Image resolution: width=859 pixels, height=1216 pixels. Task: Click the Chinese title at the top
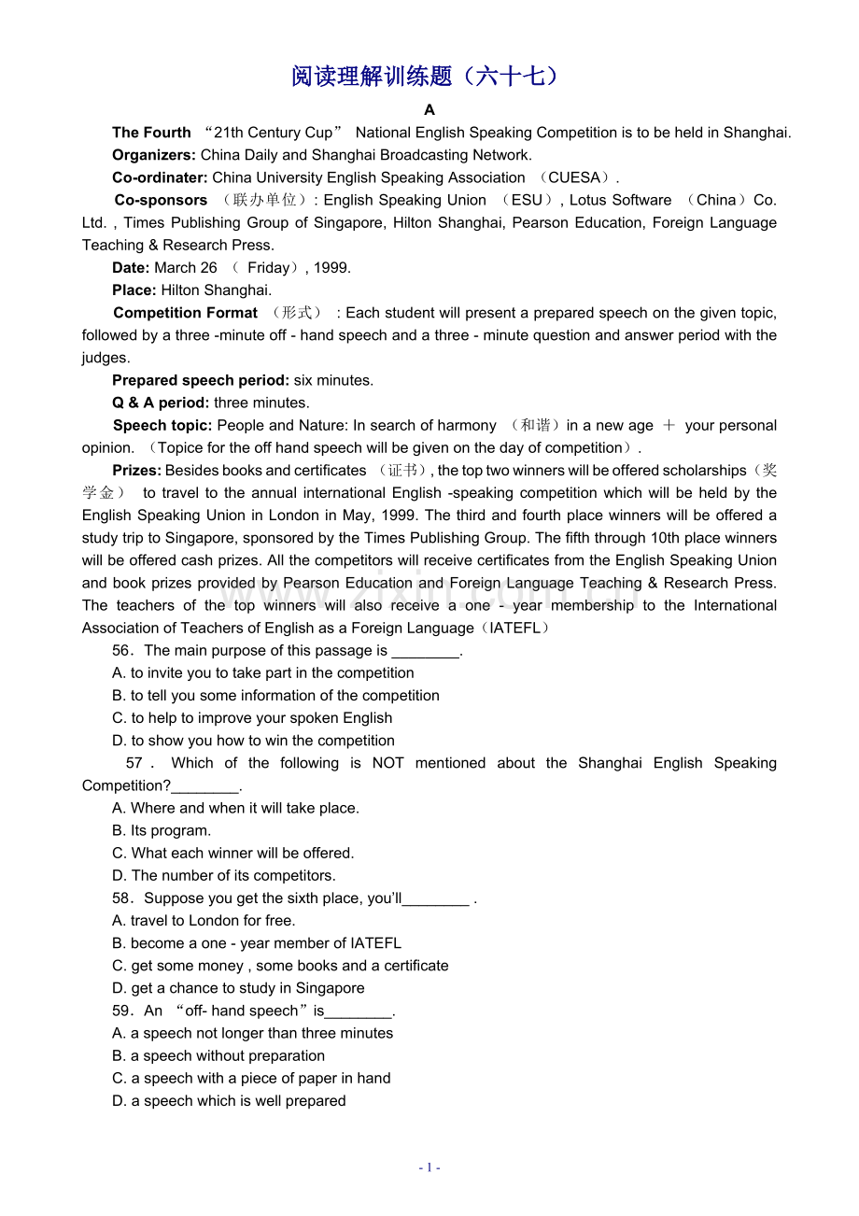click(x=429, y=77)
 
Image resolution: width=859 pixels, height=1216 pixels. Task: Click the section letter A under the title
click(x=429, y=110)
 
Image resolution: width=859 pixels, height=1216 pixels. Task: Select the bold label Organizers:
click(x=154, y=155)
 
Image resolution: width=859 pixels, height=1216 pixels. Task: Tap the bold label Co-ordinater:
click(x=160, y=177)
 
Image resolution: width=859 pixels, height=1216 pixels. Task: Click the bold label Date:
click(x=131, y=267)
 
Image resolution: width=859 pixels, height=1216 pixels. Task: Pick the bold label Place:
click(x=134, y=290)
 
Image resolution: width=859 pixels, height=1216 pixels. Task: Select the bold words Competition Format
click(x=185, y=313)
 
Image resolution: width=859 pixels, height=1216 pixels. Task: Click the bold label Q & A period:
click(x=161, y=403)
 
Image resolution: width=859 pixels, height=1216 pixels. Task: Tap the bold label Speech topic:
click(x=162, y=425)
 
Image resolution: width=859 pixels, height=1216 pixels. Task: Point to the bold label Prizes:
click(x=137, y=471)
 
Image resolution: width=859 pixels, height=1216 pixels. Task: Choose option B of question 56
click(x=275, y=696)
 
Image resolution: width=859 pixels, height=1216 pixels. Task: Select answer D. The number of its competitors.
click(x=224, y=876)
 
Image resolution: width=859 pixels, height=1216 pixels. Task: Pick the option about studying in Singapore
click(x=238, y=988)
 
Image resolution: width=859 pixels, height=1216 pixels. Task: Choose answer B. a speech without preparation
click(x=218, y=1055)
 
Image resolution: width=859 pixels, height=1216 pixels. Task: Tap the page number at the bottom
click(x=429, y=1167)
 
